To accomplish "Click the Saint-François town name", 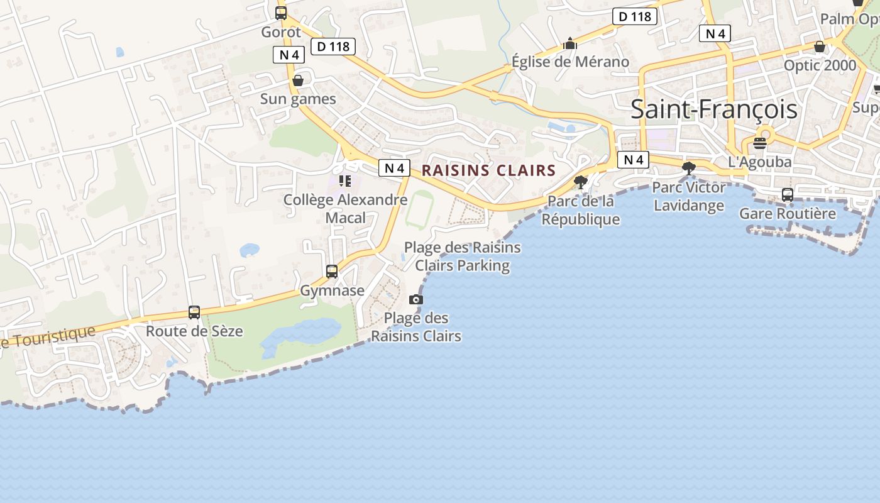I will (713, 109).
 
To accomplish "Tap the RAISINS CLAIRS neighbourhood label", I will (488, 170).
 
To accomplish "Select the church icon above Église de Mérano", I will (570, 43).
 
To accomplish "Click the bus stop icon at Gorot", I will (281, 13).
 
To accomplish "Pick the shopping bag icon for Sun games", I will (298, 80).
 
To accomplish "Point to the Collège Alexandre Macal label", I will (345, 209).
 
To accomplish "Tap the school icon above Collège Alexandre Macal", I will (345, 181).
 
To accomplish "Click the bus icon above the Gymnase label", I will (332, 272).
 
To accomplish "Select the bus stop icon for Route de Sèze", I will (194, 312).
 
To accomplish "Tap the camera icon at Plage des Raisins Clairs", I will (416, 299).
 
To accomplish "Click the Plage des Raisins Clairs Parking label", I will (462, 257).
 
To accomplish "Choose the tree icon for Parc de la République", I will (581, 182).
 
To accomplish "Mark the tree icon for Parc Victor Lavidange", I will (689, 168).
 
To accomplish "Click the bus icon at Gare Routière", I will (787, 195).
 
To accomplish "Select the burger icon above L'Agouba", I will (759, 143).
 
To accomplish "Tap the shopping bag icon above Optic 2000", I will (820, 47).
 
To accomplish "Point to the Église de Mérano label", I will (570, 62).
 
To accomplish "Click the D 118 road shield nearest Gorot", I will (333, 46).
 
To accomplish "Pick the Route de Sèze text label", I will (194, 331).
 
